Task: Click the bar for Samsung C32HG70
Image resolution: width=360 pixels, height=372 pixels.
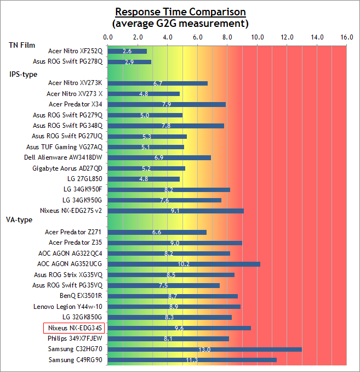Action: pyautogui.click(x=205, y=349)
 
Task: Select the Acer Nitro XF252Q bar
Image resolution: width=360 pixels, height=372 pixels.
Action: pyautogui.click(x=127, y=51)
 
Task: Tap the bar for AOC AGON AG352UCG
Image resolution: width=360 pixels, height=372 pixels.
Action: pyautogui.click(x=184, y=264)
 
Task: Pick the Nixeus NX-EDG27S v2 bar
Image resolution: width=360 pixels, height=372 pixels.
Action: pyautogui.click(x=176, y=211)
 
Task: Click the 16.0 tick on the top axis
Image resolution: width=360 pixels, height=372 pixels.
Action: pyautogui.click(x=346, y=37)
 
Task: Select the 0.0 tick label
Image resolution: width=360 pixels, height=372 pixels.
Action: pyautogui.click(x=108, y=37)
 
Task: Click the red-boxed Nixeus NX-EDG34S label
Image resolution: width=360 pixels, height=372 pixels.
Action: pyautogui.click(x=73, y=328)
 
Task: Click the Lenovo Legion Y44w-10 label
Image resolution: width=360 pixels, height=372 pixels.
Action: pyautogui.click(x=68, y=307)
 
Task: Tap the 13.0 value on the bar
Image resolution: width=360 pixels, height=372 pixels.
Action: pyautogui.click(x=204, y=350)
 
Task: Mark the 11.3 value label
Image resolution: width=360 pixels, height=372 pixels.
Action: pyautogui.click(x=192, y=360)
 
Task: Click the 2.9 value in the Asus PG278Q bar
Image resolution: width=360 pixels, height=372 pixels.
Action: pyautogui.click(x=129, y=62)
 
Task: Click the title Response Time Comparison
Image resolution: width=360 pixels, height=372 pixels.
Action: pyautogui.click(x=180, y=12)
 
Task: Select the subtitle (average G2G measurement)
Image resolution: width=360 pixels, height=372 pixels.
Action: pyautogui.click(x=180, y=24)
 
